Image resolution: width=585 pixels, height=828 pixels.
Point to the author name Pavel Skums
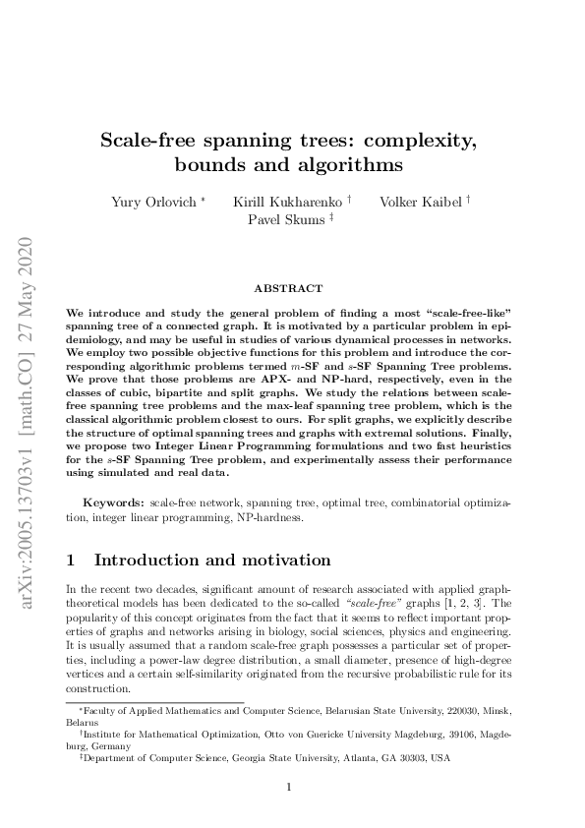tap(287, 220)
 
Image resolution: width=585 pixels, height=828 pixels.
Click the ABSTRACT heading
tap(288, 288)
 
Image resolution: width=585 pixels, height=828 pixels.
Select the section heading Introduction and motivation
tap(211, 562)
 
